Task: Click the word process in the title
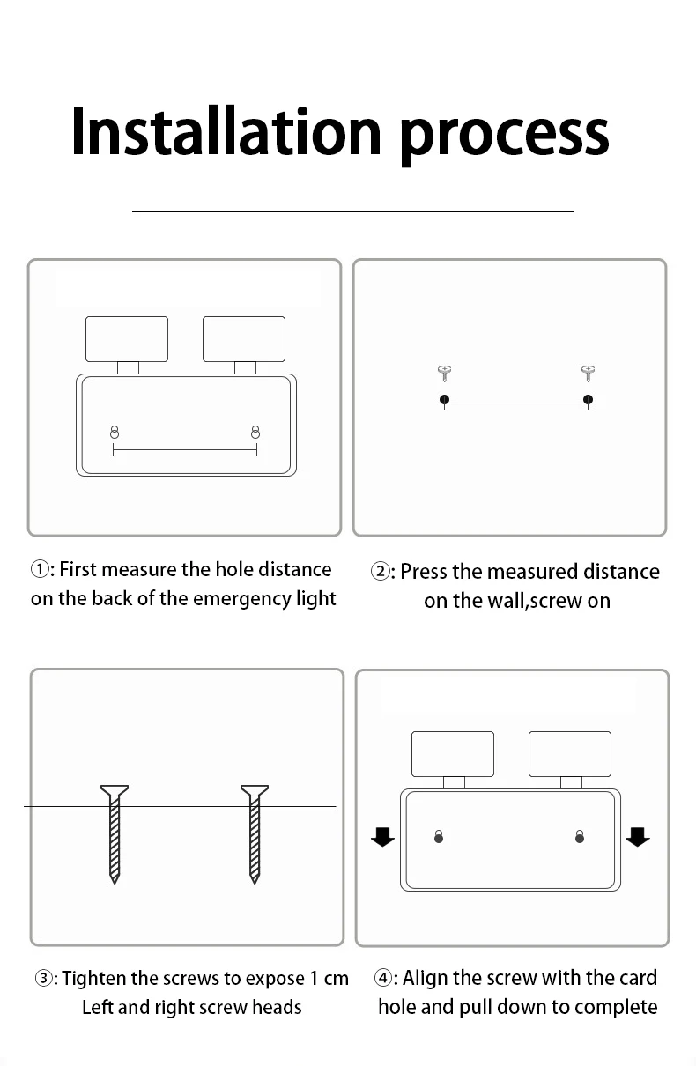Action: tap(503, 134)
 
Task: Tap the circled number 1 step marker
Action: tap(41, 570)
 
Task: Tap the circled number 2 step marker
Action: tap(381, 572)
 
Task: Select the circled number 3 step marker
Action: tap(44, 979)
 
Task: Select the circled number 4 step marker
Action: tap(383, 979)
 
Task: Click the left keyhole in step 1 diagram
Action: tap(114, 432)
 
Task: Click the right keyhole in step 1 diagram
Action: tap(255, 432)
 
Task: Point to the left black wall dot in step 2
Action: tap(444, 400)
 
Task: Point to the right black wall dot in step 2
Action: tap(589, 400)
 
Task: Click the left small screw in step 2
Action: tap(444, 373)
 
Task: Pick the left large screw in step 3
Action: tap(115, 833)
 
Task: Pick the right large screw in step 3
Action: tap(255, 833)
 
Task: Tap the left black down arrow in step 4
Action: tap(382, 836)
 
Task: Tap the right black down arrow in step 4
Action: tap(637, 836)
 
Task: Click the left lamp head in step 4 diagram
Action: tap(453, 754)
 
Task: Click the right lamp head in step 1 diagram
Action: tap(244, 339)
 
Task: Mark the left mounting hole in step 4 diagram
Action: tap(439, 836)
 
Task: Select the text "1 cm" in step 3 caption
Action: tap(329, 979)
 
